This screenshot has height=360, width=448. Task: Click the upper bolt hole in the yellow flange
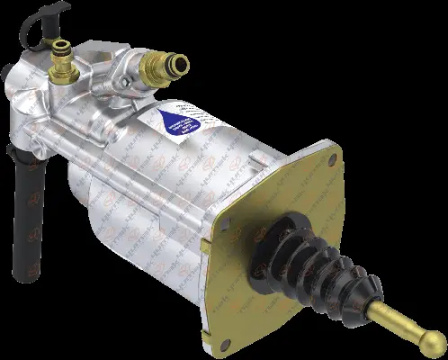(x=334, y=158)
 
